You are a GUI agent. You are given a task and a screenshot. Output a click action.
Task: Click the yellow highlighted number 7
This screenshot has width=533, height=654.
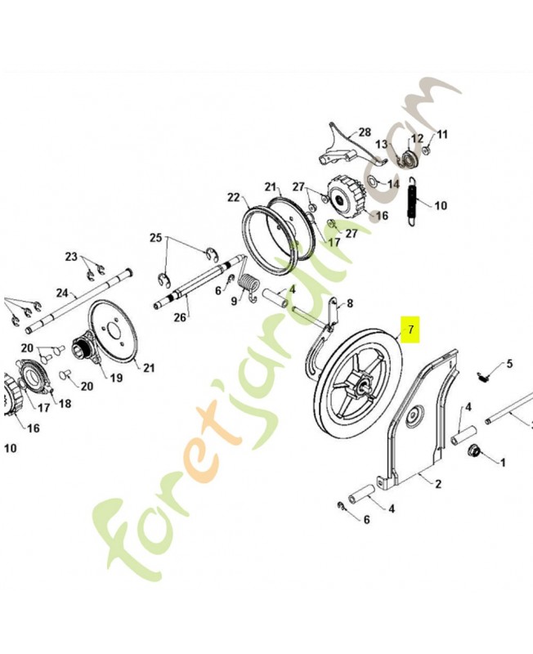point(411,329)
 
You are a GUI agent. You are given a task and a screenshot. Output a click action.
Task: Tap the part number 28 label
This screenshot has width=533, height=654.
point(365,132)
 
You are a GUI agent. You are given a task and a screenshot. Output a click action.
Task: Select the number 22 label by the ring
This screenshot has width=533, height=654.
point(234,197)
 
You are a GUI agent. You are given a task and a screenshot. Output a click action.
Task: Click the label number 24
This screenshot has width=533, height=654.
point(62,293)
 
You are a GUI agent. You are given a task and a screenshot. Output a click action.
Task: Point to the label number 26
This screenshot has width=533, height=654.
point(180,317)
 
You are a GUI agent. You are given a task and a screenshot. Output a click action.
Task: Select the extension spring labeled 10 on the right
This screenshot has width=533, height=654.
point(413,202)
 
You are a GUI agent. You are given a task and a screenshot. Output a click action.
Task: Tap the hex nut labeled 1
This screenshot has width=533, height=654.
point(475,450)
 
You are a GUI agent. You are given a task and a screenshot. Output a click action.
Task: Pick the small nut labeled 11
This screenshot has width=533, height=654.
point(427,150)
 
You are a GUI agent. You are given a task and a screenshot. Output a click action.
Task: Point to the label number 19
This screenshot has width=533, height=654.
point(116,378)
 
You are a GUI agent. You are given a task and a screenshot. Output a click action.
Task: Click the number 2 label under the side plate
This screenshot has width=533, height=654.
point(438,484)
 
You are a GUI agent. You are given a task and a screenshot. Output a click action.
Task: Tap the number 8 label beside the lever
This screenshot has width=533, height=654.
point(350,303)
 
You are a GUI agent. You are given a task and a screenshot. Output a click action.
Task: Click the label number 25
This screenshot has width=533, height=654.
point(156,238)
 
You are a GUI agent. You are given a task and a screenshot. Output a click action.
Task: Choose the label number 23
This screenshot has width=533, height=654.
point(71,256)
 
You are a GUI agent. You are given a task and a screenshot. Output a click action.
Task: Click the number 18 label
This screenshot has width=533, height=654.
point(65,403)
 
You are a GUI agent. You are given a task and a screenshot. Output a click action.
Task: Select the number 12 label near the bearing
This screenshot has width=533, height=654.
point(417,138)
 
